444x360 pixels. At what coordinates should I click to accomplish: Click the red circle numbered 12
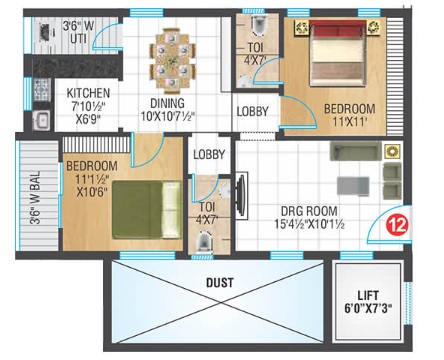pos(398,225)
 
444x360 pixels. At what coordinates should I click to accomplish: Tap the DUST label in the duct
pos(220,283)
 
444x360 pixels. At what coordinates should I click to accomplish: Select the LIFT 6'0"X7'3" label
pos(368,301)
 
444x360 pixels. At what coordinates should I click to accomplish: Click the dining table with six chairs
pos(172,61)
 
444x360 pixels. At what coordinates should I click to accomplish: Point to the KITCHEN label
pos(88,93)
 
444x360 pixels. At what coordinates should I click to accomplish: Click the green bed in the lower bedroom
pos(147,210)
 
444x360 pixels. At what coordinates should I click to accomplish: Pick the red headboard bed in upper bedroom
pos(337,53)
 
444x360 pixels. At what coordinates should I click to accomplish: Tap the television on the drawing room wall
pos(241,196)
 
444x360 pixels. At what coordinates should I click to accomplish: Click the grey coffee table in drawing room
pos(353,186)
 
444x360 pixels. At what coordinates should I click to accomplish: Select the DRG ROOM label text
pos(309,211)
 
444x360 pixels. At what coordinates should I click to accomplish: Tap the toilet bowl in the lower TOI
pos(204,241)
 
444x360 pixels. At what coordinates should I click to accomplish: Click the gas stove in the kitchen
pos(42,90)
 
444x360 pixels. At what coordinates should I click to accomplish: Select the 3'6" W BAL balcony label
pos(35,197)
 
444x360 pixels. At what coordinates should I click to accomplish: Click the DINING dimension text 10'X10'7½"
pos(167,116)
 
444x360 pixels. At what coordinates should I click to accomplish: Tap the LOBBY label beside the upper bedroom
pos(252,111)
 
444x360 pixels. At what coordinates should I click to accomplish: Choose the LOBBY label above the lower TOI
pos(209,154)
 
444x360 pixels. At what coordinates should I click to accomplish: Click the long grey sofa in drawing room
pos(356,151)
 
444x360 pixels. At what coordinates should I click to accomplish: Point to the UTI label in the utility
pos(79,39)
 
